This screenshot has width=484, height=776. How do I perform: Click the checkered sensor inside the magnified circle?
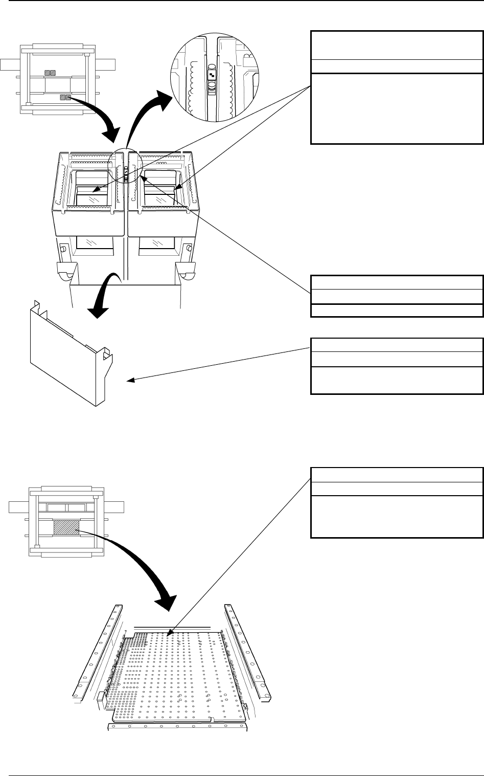click(212, 75)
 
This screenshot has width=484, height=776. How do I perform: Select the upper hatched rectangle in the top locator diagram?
click(50, 73)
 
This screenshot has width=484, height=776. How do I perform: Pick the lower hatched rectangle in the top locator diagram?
click(65, 97)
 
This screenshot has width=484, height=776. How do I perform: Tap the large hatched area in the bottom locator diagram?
click(66, 528)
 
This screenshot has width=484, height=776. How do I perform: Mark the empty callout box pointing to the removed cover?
click(397, 366)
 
